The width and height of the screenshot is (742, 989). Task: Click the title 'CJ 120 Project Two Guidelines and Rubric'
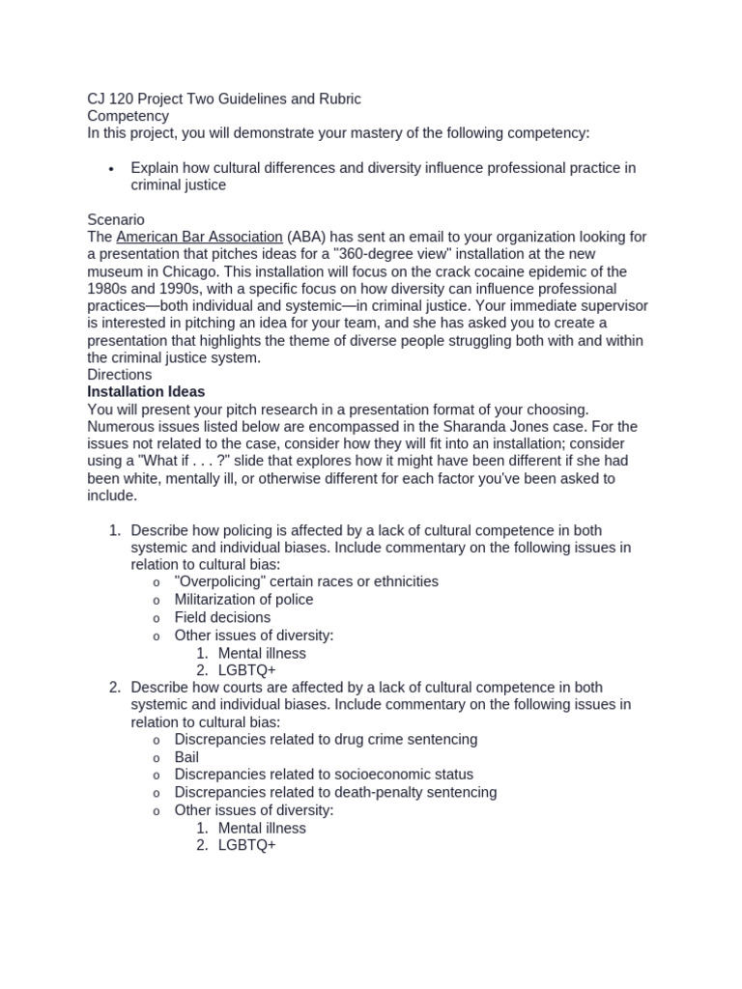(224, 99)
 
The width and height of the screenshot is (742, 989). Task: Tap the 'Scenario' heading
(116, 220)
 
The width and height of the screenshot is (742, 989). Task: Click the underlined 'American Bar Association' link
(199, 238)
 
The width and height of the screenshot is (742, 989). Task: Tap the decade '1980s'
(111, 290)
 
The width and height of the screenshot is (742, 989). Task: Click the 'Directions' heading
(119, 375)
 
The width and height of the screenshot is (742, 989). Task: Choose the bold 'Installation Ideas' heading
(146, 392)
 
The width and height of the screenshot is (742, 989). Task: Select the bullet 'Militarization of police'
(243, 600)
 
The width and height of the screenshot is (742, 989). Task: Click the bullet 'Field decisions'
(222, 617)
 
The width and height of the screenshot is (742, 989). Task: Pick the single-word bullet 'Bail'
(186, 757)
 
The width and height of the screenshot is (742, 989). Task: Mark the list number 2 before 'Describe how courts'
(114, 688)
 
